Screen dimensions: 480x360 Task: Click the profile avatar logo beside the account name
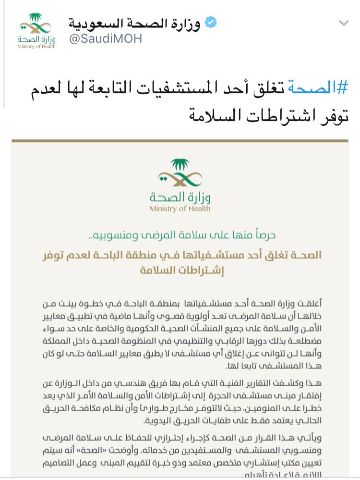(x=37, y=31)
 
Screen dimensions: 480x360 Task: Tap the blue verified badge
(x=211, y=23)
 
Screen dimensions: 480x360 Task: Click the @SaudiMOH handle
(x=106, y=39)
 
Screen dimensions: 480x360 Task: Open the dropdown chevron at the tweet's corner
(x=344, y=23)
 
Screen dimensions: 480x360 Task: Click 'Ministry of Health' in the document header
(x=180, y=209)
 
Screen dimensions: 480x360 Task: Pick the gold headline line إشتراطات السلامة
(x=180, y=271)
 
